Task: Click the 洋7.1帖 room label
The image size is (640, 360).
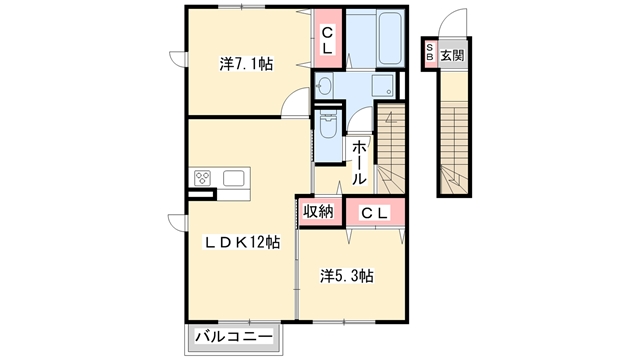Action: coord(246,65)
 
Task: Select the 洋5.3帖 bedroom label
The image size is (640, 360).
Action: coord(347,274)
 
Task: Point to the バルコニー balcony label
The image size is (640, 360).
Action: coord(229,338)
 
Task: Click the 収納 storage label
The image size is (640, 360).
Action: coord(318,212)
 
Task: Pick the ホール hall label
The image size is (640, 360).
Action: coord(359,163)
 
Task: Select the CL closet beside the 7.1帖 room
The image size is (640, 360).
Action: coord(327,40)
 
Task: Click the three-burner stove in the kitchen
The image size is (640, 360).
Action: coord(203,180)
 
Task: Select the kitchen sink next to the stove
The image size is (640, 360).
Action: coord(234,179)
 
